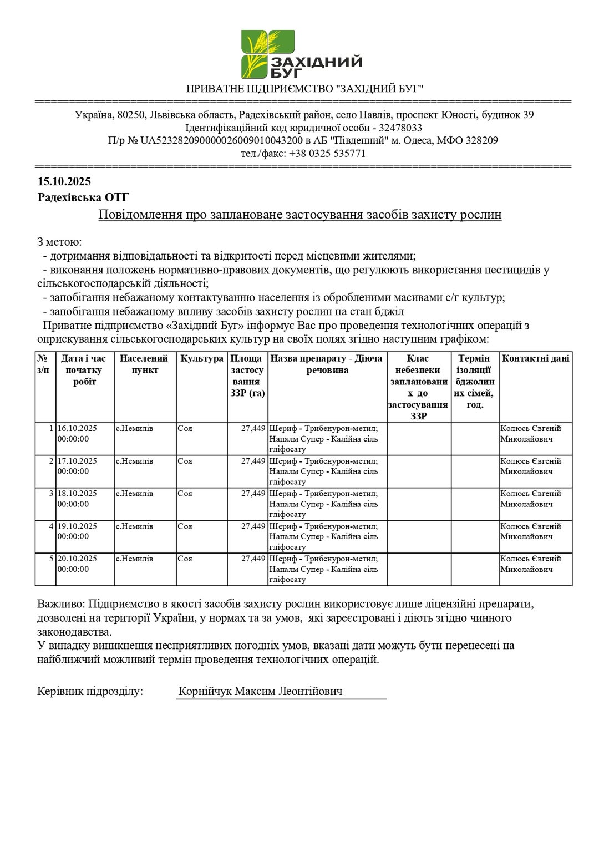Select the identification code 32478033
[401, 128]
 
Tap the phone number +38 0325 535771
[327, 153]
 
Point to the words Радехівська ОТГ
[83, 197]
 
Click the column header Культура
[202, 359]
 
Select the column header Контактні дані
[535, 359]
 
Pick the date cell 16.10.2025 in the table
[77, 428]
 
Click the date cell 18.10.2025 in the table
[77, 493]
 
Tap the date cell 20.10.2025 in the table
[77, 559]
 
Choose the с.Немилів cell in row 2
[135, 461]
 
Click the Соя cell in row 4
[185, 526]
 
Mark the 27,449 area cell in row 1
[253, 428]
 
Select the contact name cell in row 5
[531, 564]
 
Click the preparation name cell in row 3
[324, 504]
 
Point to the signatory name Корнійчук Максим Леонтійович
[260, 691]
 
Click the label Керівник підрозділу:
[90, 691]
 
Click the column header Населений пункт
[145, 364]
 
